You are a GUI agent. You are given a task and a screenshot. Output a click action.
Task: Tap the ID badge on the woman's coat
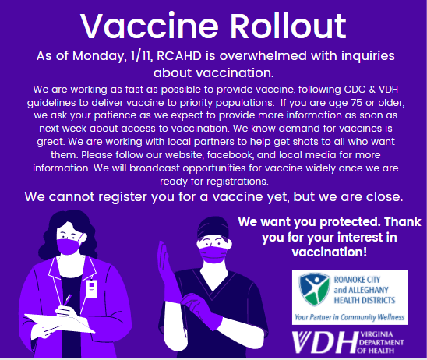(91, 288)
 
